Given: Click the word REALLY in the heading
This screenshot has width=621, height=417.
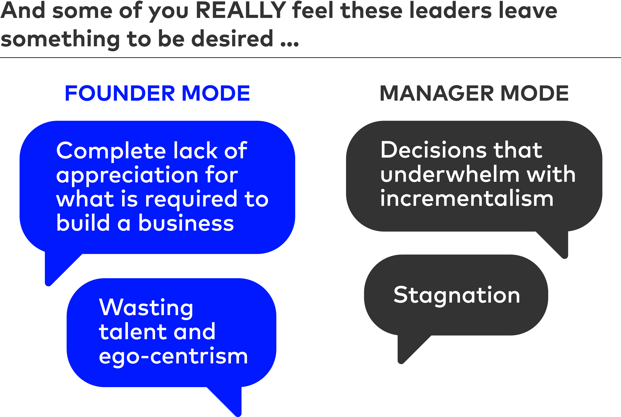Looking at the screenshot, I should click(x=241, y=11).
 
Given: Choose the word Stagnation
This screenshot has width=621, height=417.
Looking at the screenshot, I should click(x=457, y=295).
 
